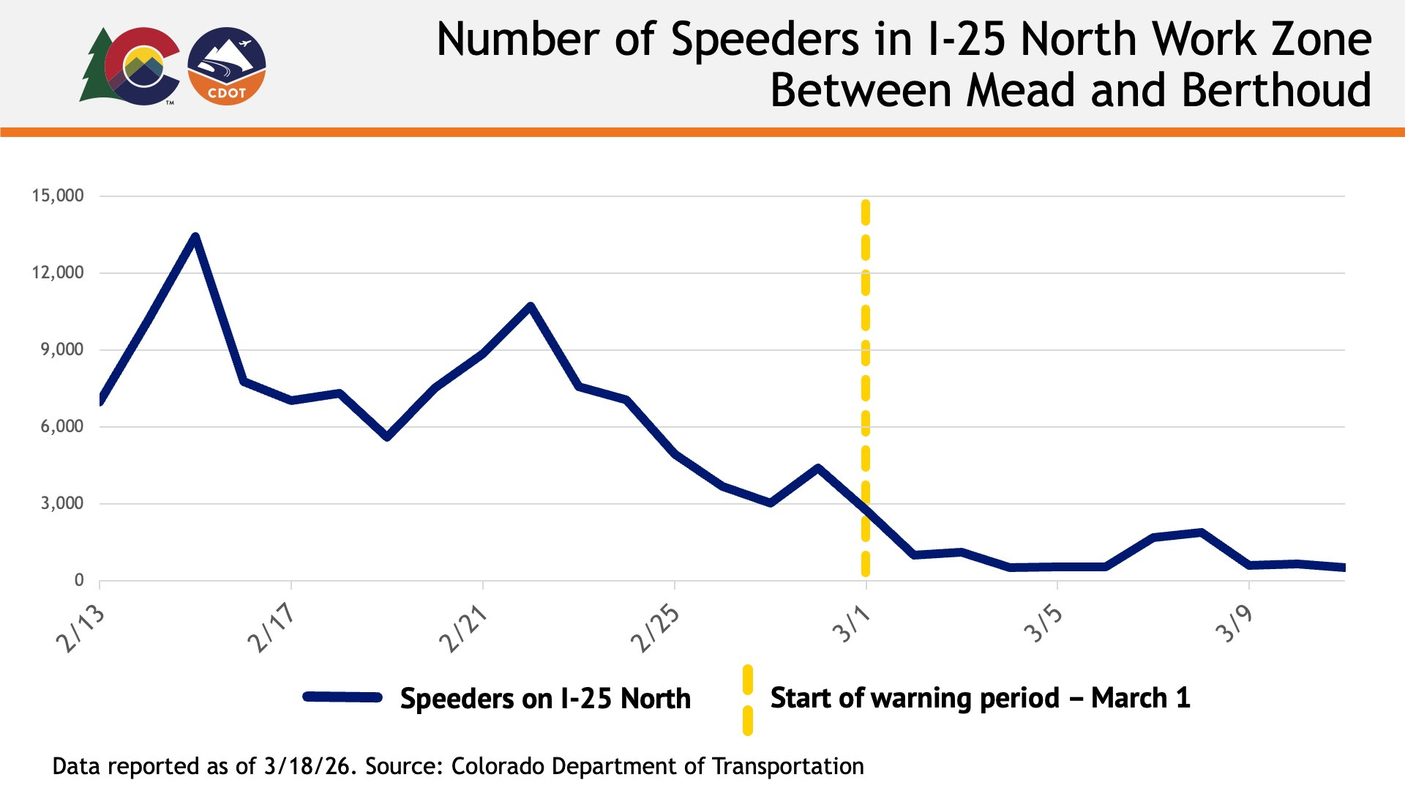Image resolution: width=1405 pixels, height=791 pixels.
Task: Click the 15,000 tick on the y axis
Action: pyautogui.click(x=57, y=196)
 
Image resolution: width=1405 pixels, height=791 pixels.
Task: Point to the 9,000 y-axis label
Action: pyautogui.click(x=61, y=349)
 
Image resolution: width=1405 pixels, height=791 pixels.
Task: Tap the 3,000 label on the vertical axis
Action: pyautogui.click(x=61, y=503)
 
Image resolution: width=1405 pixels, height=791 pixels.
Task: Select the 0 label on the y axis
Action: pyautogui.click(x=79, y=580)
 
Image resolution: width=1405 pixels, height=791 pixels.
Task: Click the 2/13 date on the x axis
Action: pyautogui.click(x=80, y=628)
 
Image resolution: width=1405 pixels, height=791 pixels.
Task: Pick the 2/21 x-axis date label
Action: pyautogui.click(x=463, y=628)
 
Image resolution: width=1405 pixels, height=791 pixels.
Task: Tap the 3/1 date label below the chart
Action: pyautogui.click(x=851, y=624)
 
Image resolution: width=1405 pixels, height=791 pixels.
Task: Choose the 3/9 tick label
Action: pyautogui.click(x=1234, y=624)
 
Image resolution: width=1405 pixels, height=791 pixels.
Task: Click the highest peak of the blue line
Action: pyautogui.click(x=195, y=237)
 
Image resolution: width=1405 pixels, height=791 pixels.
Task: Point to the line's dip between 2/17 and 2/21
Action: pyautogui.click(x=387, y=437)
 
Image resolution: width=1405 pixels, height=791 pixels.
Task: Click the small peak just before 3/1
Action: pyautogui.click(x=817, y=468)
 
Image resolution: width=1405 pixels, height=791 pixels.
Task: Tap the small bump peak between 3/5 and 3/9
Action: pyautogui.click(x=1200, y=532)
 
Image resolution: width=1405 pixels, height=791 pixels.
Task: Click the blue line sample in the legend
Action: pyautogui.click(x=342, y=697)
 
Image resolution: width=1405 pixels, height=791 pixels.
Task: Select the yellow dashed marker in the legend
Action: pyautogui.click(x=747, y=699)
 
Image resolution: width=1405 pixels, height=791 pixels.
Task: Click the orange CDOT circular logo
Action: pyautogui.click(x=227, y=67)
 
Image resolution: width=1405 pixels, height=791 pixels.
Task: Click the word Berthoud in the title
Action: pyautogui.click(x=1276, y=91)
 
